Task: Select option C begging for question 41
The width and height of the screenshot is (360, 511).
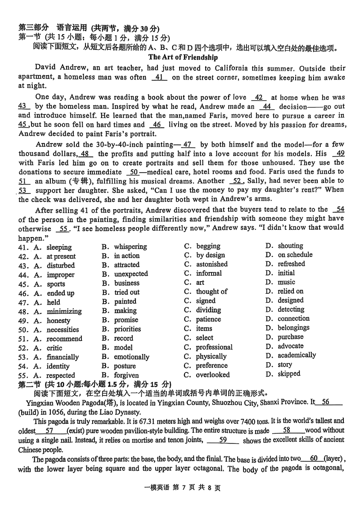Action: pyautogui.click(x=208, y=246)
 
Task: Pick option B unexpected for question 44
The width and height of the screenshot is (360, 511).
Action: pyautogui.click(x=130, y=274)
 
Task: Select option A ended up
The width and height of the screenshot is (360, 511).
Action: pyautogui.click(x=60, y=293)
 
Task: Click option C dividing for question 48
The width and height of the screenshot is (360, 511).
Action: pyautogui.click(x=208, y=310)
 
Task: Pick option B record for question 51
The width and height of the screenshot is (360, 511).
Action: pyautogui.click(x=123, y=338)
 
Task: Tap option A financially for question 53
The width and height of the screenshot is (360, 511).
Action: pyautogui.click(x=63, y=357)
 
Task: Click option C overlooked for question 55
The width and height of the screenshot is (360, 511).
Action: pyautogui.click(x=212, y=375)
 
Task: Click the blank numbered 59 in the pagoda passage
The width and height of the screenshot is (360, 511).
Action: pyautogui.click(x=222, y=440)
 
